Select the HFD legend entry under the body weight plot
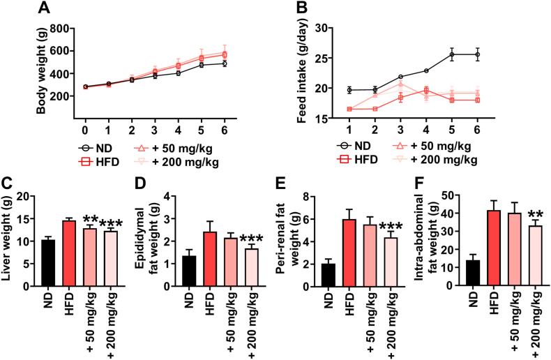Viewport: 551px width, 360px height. (105, 160)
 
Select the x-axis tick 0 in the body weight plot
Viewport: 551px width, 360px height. (84, 130)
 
